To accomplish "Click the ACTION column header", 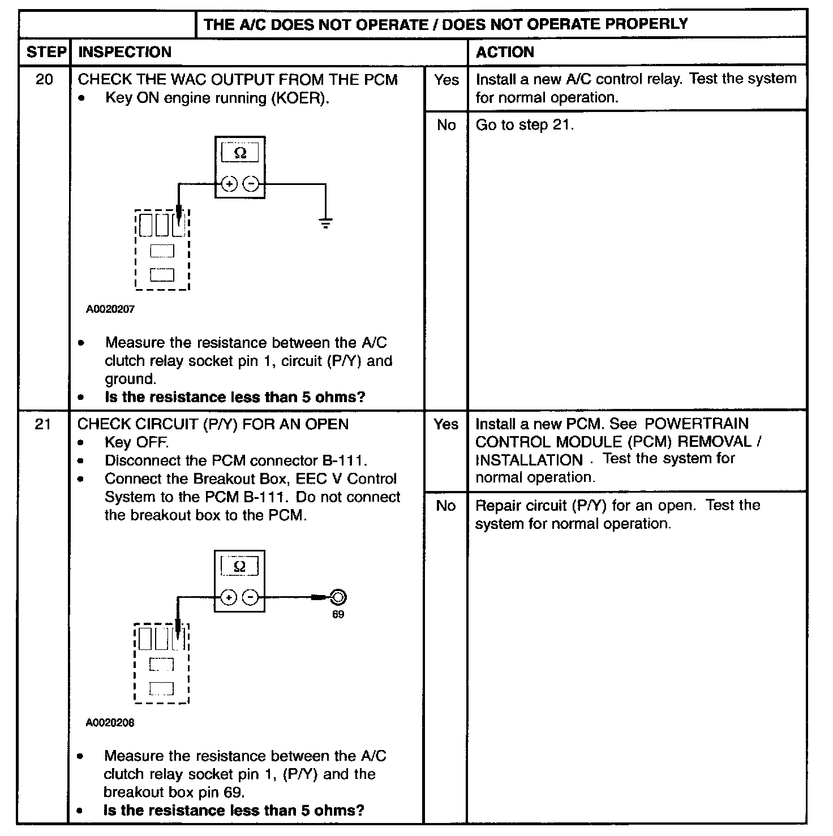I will (x=505, y=52).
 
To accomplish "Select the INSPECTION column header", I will (x=124, y=52).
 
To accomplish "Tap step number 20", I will (x=44, y=79).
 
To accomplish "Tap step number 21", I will (x=43, y=424).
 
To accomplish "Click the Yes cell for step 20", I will (x=446, y=80).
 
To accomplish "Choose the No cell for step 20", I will (x=446, y=125).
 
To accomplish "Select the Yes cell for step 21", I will (x=446, y=424).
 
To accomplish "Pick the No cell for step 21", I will (x=446, y=506).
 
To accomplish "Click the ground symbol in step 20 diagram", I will (x=325, y=222).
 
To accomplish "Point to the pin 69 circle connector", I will (x=338, y=597).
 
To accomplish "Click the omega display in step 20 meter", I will (x=240, y=153).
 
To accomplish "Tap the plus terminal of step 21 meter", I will (x=229, y=597).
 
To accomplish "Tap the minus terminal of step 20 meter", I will (x=251, y=184).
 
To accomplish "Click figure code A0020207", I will (x=110, y=309).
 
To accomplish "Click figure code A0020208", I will (x=110, y=722).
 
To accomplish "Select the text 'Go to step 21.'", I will (x=525, y=125).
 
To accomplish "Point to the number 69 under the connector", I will (x=338, y=615).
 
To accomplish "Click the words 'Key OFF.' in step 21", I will (x=136, y=442).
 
